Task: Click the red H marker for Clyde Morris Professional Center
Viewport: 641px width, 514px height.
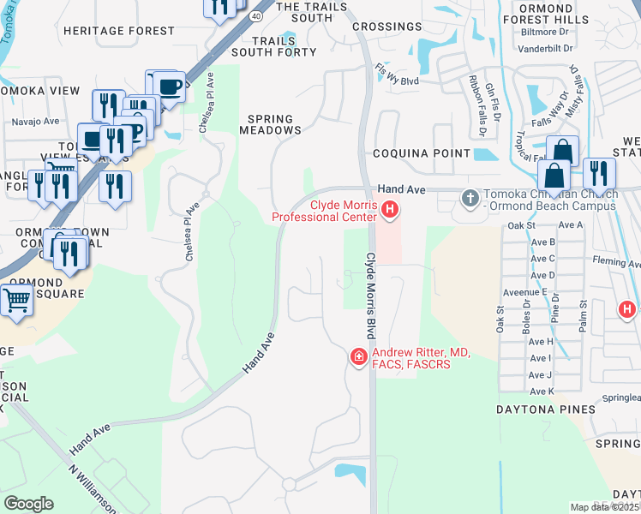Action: (390, 209)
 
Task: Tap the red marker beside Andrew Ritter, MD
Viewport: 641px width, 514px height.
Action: (358, 356)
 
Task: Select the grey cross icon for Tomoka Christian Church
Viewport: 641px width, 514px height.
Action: (470, 199)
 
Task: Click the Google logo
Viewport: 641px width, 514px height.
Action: (28, 504)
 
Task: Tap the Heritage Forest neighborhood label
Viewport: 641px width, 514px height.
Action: (119, 31)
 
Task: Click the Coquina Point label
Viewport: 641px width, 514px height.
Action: (421, 153)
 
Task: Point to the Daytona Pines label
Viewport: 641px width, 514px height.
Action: (545, 409)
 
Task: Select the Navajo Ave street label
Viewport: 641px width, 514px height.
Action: (34, 122)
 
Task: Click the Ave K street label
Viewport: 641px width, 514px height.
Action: (541, 391)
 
